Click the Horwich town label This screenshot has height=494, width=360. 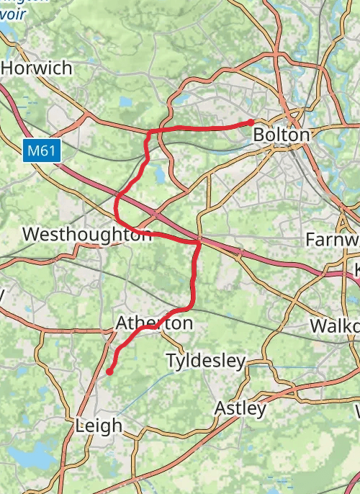37,68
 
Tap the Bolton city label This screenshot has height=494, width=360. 282,135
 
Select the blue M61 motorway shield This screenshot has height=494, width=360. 42,151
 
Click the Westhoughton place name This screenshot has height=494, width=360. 87,235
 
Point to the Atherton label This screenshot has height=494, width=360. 155,323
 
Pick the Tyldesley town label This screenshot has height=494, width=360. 206,361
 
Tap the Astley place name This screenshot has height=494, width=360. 240,409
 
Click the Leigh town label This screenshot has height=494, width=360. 99,426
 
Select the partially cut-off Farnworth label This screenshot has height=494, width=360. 332,238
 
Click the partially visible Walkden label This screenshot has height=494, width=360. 335,325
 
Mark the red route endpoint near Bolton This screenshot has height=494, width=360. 251,122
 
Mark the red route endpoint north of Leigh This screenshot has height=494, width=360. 109,372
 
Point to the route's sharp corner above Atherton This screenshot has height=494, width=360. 199,243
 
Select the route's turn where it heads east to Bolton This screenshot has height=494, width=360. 149,133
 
